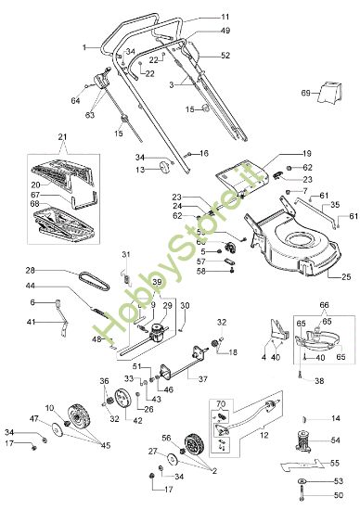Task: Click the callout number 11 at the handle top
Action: point(225,17)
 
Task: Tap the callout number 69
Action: point(305,94)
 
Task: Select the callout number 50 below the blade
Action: point(338,498)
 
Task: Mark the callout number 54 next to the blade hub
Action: point(337,441)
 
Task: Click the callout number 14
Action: point(337,418)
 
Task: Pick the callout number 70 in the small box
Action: point(220,405)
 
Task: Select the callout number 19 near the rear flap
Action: point(280,152)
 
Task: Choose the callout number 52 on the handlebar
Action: point(225,56)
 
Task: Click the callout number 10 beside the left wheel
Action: point(48,409)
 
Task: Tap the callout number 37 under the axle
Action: point(203,378)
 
